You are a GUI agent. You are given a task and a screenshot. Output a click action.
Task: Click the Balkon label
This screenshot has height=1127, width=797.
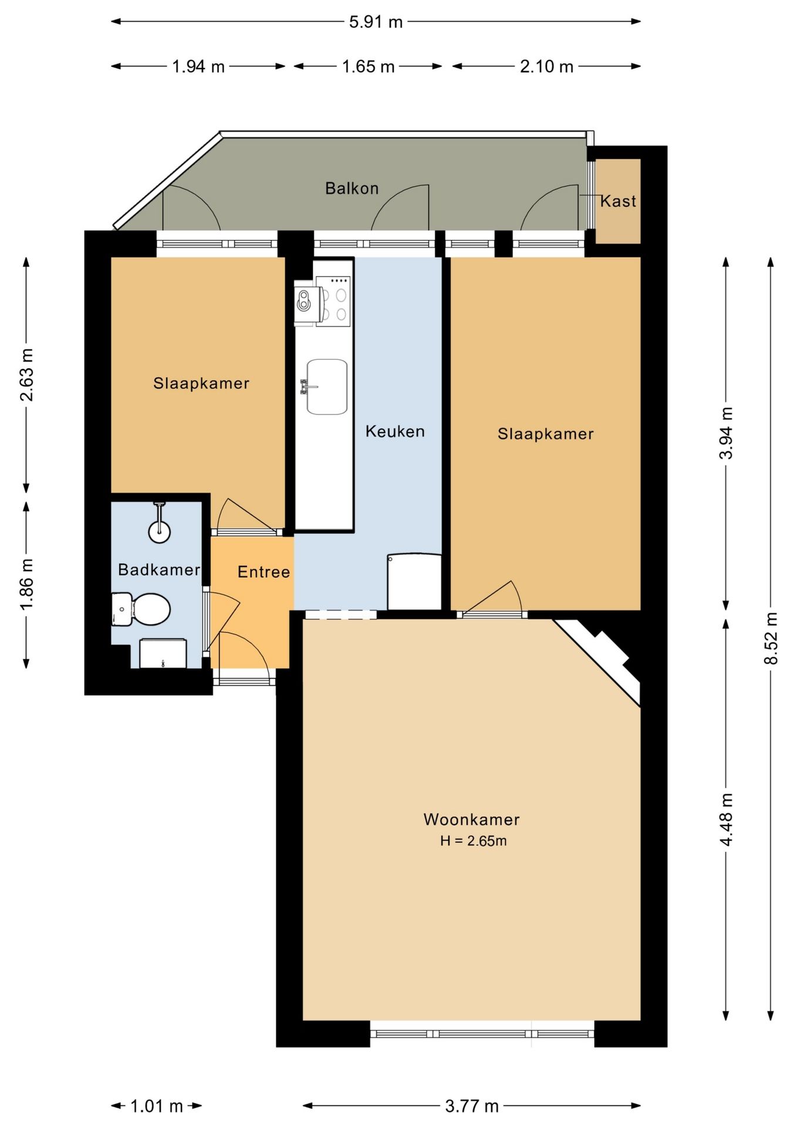pos(352,188)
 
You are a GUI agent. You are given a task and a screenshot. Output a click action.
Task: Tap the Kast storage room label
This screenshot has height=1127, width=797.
pos(618,201)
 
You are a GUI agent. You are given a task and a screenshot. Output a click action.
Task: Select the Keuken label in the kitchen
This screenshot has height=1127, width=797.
pos(395,431)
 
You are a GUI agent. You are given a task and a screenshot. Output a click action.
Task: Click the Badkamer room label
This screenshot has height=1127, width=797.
pos(159,569)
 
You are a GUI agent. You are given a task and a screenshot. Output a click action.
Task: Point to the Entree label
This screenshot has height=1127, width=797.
pos(264,572)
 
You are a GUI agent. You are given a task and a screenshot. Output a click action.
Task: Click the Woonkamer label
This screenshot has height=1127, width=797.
pos(472,819)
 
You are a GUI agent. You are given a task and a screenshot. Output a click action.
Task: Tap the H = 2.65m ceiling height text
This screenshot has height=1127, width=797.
pos(474,841)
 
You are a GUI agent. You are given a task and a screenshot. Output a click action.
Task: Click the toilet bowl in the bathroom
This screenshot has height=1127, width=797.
pos(150,609)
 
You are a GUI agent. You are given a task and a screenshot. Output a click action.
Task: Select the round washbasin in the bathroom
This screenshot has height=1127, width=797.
pos(160,532)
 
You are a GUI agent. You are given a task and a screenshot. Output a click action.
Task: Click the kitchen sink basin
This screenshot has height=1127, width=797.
pos(327,387)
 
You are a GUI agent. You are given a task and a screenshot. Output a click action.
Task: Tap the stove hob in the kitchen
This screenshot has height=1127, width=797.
pos(333,301)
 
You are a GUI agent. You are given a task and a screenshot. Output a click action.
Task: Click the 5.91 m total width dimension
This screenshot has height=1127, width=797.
pos(376,22)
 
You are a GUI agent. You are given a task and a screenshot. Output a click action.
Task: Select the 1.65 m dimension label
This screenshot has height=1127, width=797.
pos(368,66)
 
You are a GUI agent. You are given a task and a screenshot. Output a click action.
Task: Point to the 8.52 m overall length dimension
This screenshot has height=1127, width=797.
pos(771,638)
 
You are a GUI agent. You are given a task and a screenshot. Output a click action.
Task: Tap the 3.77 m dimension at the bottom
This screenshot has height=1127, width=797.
pos(472,1106)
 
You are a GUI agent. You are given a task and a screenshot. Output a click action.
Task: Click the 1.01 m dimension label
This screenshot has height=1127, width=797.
pos(156,1106)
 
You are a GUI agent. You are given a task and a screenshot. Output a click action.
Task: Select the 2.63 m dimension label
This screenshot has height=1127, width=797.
pos(26,374)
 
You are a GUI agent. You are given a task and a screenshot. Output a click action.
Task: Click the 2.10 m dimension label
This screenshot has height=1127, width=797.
pos(546,66)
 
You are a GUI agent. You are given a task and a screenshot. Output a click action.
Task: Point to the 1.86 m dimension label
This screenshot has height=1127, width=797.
pos(26,584)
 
